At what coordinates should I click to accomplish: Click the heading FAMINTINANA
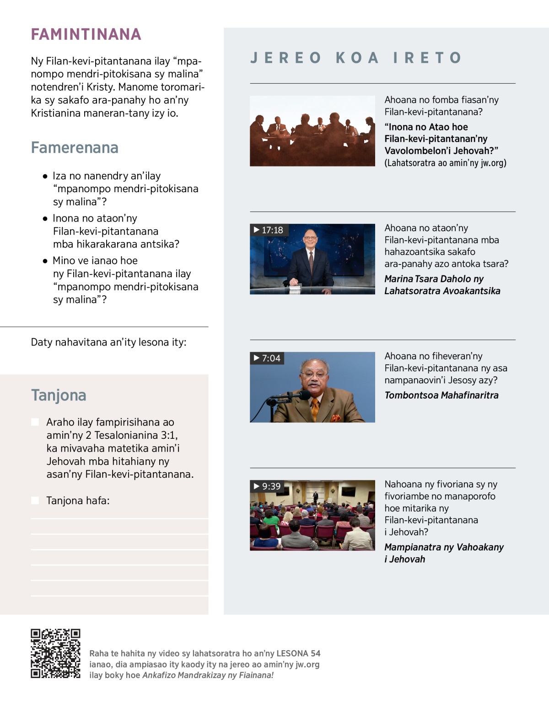(x=86, y=34)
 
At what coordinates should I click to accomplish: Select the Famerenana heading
(x=75, y=148)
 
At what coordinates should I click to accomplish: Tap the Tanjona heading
(x=59, y=395)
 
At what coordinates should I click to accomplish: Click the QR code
(x=55, y=653)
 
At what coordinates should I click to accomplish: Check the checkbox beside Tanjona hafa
(x=35, y=501)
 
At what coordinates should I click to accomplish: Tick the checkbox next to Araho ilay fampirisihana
(x=35, y=422)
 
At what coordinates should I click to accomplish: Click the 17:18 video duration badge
(x=269, y=230)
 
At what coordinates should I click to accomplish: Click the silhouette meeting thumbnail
(x=312, y=131)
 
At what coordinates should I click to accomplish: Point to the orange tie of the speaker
(x=315, y=409)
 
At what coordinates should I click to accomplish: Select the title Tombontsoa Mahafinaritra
(x=441, y=395)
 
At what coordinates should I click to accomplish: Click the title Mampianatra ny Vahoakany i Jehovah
(x=444, y=553)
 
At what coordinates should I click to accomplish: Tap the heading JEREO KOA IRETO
(x=356, y=58)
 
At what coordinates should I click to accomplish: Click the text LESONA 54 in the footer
(x=298, y=653)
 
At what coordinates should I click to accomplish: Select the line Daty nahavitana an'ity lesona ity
(x=108, y=342)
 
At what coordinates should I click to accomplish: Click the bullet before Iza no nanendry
(x=45, y=176)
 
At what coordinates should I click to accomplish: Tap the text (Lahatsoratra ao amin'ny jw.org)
(x=445, y=163)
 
